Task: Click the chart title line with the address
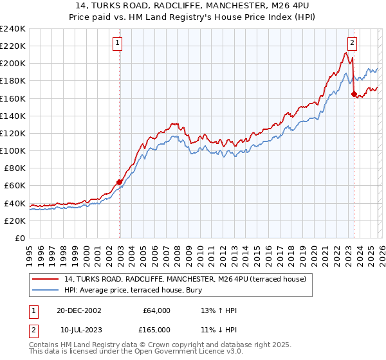coord(193,6)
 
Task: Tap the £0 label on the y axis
coord(19,238)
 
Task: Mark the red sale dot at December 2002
coord(120,182)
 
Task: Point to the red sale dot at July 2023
coord(354,94)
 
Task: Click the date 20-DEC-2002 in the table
coord(78,310)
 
